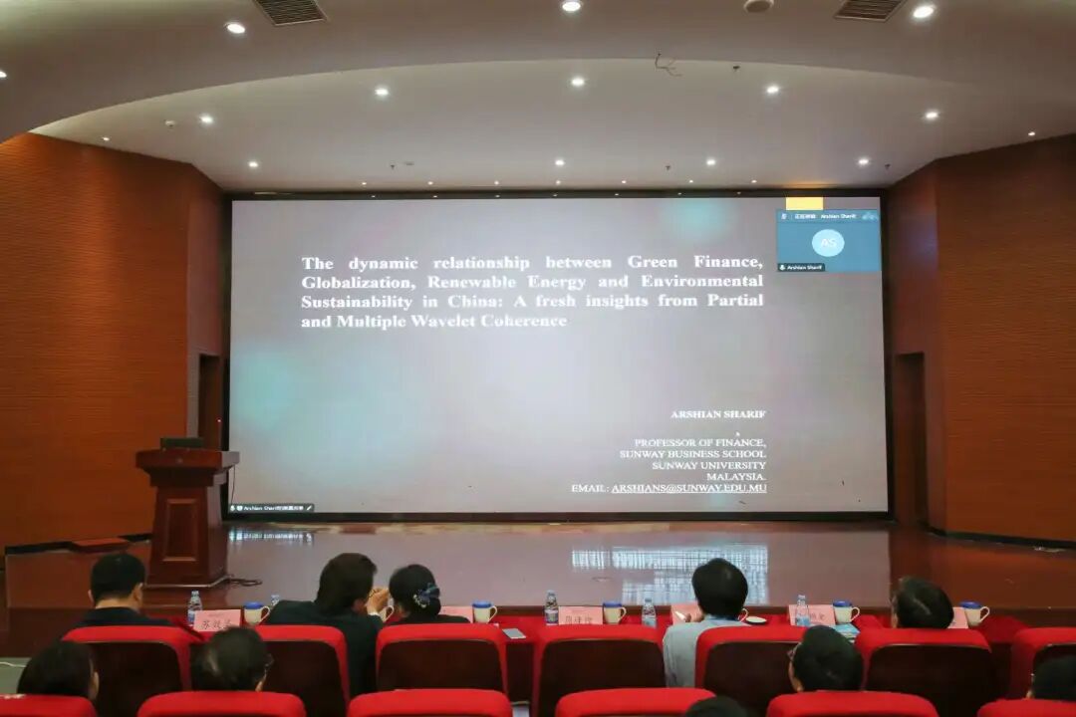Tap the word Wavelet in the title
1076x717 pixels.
click(439, 321)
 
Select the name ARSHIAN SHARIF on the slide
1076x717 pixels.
click(718, 413)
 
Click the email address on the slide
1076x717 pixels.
click(688, 488)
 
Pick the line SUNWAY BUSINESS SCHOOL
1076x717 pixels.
click(691, 453)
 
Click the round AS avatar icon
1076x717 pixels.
click(827, 243)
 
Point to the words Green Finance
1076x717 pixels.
click(694, 263)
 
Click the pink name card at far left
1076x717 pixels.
click(216, 619)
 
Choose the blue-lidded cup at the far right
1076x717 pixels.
click(974, 613)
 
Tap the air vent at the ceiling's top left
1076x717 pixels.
click(290, 11)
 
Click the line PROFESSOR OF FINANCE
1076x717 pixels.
click(699, 441)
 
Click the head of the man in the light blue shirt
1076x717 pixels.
click(719, 588)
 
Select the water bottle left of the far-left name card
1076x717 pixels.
click(194, 607)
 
